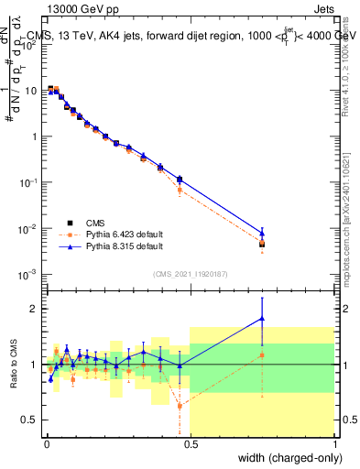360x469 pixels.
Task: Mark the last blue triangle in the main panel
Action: (262, 233)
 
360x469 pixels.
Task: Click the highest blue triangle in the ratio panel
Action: (262, 319)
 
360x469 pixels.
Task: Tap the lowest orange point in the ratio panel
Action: (180, 405)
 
